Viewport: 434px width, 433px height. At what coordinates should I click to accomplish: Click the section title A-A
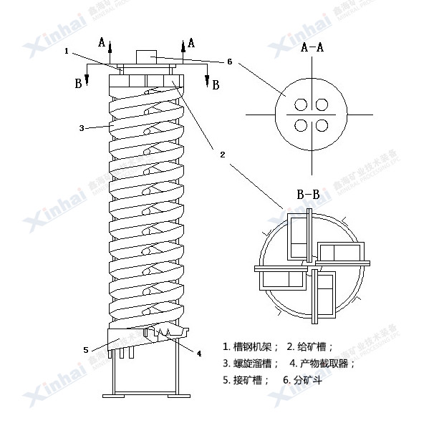[x=312, y=49]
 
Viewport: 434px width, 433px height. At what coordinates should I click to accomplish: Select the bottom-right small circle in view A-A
[x=322, y=126]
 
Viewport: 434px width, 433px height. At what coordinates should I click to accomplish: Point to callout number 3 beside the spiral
[x=82, y=128]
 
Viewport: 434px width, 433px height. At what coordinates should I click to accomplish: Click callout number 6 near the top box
[x=229, y=62]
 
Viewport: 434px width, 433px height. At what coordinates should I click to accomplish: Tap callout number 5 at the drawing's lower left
[x=86, y=350]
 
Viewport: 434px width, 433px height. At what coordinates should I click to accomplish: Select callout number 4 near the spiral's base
[x=198, y=353]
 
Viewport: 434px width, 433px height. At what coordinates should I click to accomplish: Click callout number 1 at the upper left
[x=67, y=51]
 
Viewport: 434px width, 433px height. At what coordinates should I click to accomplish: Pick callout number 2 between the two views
[x=223, y=154]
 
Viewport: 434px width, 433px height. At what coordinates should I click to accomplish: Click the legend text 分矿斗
[x=304, y=380]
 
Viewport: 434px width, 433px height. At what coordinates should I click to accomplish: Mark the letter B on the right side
[x=215, y=84]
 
